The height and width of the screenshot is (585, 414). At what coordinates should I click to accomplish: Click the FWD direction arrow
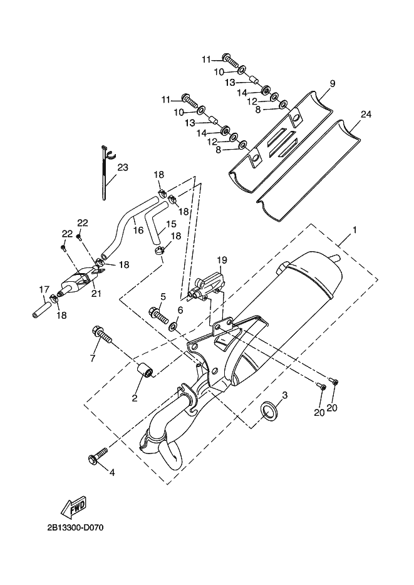point(75,507)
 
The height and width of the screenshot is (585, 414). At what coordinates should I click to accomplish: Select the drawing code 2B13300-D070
point(75,528)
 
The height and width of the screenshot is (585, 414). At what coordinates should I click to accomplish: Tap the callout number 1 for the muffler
point(354,230)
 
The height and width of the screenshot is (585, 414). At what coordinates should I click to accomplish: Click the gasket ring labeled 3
point(270,410)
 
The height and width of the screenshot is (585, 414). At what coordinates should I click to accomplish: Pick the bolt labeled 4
point(98,456)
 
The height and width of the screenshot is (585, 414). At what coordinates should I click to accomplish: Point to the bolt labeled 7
point(102,335)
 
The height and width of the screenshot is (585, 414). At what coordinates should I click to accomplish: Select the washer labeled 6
point(173,327)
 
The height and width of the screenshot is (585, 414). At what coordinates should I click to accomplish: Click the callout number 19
point(222,260)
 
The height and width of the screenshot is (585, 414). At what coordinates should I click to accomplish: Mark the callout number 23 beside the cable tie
point(123,167)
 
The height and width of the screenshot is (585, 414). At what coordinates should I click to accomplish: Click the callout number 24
point(366,114)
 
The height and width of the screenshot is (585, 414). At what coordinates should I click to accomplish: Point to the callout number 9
point(333,83)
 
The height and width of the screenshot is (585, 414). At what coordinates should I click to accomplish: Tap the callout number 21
point(96,294)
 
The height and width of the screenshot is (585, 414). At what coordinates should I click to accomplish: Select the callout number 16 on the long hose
point(138,230)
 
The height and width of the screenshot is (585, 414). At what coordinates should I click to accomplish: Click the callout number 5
point(163,297)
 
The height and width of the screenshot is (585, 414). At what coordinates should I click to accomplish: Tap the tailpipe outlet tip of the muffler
point(335,258)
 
